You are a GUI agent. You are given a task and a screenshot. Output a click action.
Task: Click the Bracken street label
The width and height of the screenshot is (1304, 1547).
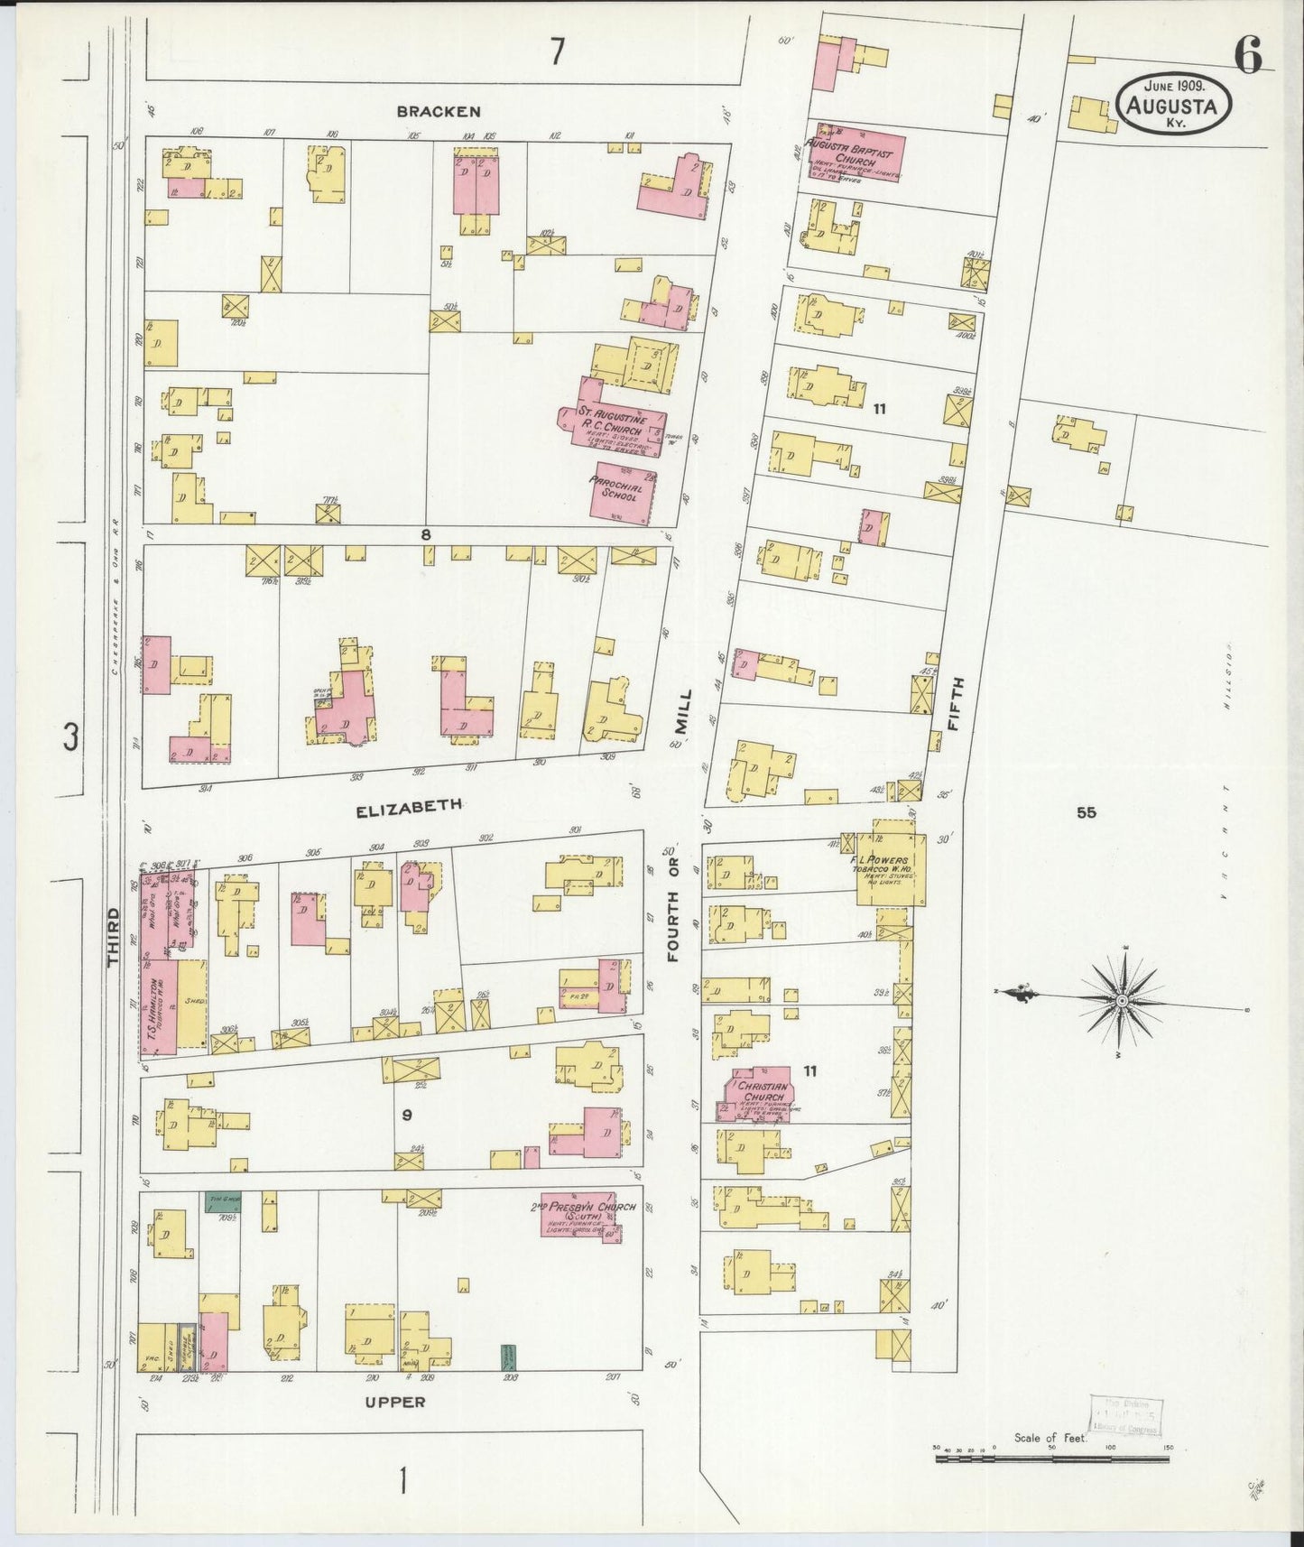438,111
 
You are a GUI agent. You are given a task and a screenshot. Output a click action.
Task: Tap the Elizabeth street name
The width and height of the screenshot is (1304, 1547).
409,810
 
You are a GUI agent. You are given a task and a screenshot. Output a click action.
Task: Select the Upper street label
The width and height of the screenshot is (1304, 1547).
394,1402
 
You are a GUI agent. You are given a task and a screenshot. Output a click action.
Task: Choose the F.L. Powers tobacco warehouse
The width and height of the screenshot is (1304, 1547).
890,864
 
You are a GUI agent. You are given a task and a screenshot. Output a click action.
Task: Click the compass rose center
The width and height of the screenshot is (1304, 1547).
1121,1000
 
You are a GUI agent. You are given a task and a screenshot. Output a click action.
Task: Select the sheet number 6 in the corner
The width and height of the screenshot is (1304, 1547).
1248,56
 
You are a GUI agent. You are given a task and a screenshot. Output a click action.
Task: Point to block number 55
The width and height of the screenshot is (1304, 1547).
1086,812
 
